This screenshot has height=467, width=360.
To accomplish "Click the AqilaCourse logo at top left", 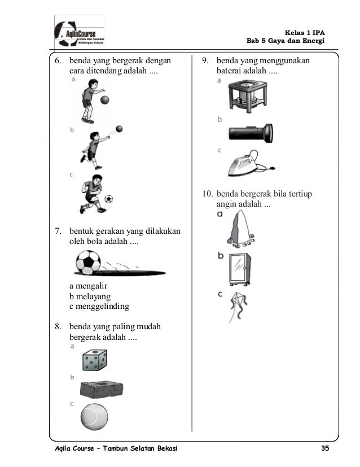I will pos(79,32).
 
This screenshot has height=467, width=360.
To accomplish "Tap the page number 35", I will pos(324,448).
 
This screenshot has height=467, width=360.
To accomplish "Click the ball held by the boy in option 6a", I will pos(104,100).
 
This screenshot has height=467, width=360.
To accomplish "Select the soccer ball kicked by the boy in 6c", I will pos(108,199).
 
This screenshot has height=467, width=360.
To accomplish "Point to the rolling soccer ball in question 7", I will pos(88,263).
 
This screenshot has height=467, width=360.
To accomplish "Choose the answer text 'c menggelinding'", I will pos(99,307).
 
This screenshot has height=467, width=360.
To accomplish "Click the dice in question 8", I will pos(94,360).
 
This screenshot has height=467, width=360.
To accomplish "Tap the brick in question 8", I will pos(102,390).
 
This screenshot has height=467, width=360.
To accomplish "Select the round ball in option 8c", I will pos(94,418).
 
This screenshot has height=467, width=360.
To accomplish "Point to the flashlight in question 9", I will pos(251,133).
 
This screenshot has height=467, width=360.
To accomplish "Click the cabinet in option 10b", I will pos(240,270).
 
